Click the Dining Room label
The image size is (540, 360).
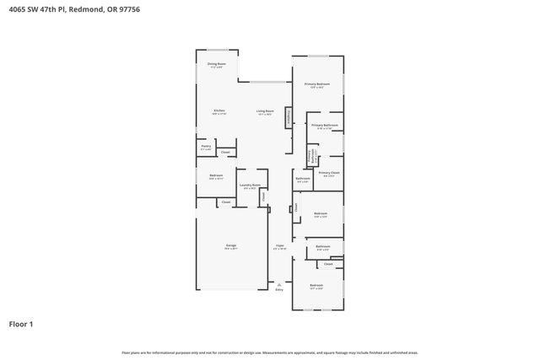pos(217,64)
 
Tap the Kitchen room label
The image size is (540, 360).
pos(219,111)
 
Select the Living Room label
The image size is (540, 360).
pos(265,111)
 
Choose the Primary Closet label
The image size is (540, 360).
pos(328,174)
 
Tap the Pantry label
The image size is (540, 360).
pos(206,148)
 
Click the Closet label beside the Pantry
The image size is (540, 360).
pos(225,152)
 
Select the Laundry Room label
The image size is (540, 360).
pos(249,186)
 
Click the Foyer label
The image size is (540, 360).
pos(280,248)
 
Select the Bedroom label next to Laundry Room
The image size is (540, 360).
pos(216,177)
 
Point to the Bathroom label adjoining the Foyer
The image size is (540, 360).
pos(323,247)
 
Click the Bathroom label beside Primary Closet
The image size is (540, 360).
pos(303,180)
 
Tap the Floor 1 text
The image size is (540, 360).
pos(22,323)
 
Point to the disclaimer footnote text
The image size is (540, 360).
pos(269,352)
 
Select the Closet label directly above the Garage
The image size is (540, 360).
pos(225,202)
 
